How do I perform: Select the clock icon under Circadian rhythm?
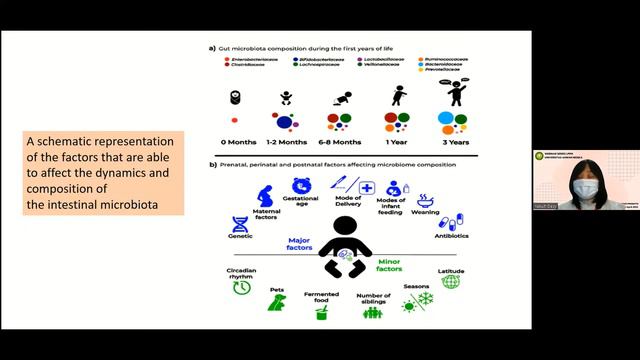tap(241, 288)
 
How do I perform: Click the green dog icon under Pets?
tap(277, 304)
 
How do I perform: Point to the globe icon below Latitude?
tap(451, 281)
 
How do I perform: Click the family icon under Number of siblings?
tap(372, 312)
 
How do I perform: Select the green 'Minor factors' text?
tap(388, 264)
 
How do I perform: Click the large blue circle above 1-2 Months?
tap(286, 122)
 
